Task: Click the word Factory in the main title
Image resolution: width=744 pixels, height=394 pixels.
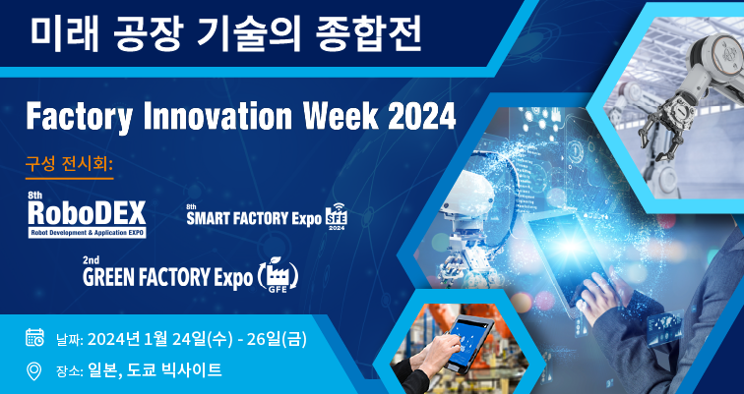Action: click(x=80, y=117)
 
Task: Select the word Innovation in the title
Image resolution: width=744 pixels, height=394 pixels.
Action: click(x=217, y=116)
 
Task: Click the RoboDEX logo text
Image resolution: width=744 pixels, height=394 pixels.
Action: click(x=87, y=213)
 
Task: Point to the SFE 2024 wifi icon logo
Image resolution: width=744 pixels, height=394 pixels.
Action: click(x=337, y=216)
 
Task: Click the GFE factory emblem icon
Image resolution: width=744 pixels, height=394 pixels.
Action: click(x=279, y=275)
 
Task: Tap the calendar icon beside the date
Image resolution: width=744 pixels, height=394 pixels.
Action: click(x=34, y=337)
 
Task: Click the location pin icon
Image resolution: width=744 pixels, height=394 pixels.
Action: click(x=33, y=370)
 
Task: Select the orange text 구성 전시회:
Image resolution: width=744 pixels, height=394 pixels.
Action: click(x=69, y=165)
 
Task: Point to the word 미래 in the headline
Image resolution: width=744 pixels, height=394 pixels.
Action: click(x=65, y=35)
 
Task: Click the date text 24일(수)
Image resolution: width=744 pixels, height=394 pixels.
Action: click(x=202, y=339)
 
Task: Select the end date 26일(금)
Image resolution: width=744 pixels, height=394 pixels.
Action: click(x=277, y=339)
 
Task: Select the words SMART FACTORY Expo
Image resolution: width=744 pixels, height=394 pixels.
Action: click(x=254, y=219)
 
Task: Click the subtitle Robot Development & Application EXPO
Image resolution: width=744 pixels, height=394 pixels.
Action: click(x=88, y=233)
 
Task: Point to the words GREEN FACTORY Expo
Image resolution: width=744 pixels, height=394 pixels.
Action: click(x=167, y=277)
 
